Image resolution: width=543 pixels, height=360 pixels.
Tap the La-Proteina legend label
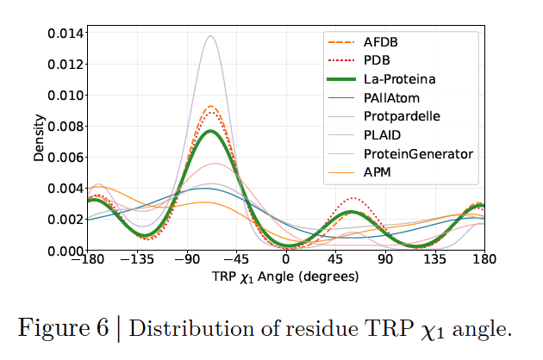point(399,79)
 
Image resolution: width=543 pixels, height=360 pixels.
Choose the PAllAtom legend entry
point(391,98)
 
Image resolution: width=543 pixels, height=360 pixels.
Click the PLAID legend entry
point(382,136)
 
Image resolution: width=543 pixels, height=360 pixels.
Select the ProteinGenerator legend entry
point(418,155)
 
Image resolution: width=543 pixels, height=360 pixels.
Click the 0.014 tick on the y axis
point(65,34)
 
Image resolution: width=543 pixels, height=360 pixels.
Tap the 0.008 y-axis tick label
point(65,127)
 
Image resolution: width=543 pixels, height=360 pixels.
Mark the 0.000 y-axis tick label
point(65,251)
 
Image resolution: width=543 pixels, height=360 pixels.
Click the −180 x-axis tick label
point(88,262)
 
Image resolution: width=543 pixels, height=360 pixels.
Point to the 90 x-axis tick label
point(385,262)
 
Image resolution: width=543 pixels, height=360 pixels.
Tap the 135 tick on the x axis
point(434,262)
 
